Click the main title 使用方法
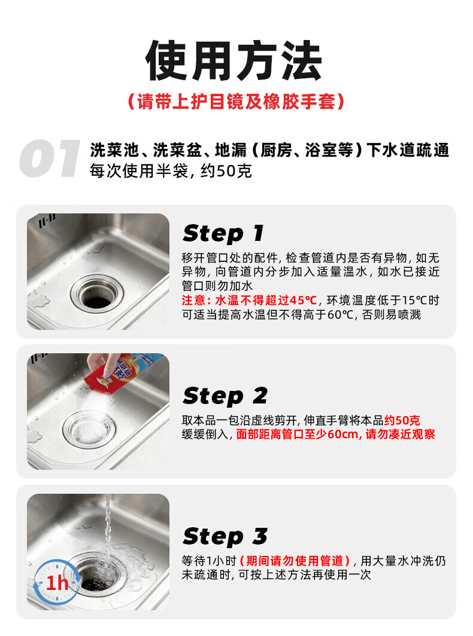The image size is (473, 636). pyautogui.click(x=234, y=60)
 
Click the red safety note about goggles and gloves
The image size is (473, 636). pyautogui.click(x=236, y=102)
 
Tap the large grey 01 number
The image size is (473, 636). pyautogui.click(x=50, y=158)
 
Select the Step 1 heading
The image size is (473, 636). pyautogui.click(x=223, y=234)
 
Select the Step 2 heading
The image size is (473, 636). pyautogui.click(x=225, y=396)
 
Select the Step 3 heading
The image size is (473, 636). pyautogui.click(x=225, y=536)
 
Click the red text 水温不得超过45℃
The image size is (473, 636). pyautogui.click(x=266, y=301)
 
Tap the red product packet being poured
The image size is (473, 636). pyautogui.click(x=122, y=373)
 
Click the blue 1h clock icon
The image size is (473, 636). pyautogui.click(x=57, y=583)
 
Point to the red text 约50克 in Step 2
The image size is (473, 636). pyautogui.click(x=402, y=420)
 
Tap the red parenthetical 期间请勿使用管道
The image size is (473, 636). pyautogui.click(x=295, y=561)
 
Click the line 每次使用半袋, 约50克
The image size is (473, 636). pyautogui.click(x=171, y=171)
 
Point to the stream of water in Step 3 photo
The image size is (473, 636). pyautogui.click(x=108, y=531)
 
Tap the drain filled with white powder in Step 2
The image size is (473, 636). pyautogui.click(x=89, y=430)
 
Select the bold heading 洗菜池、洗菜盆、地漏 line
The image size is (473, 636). pyautogui.click(x=269, y=150)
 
